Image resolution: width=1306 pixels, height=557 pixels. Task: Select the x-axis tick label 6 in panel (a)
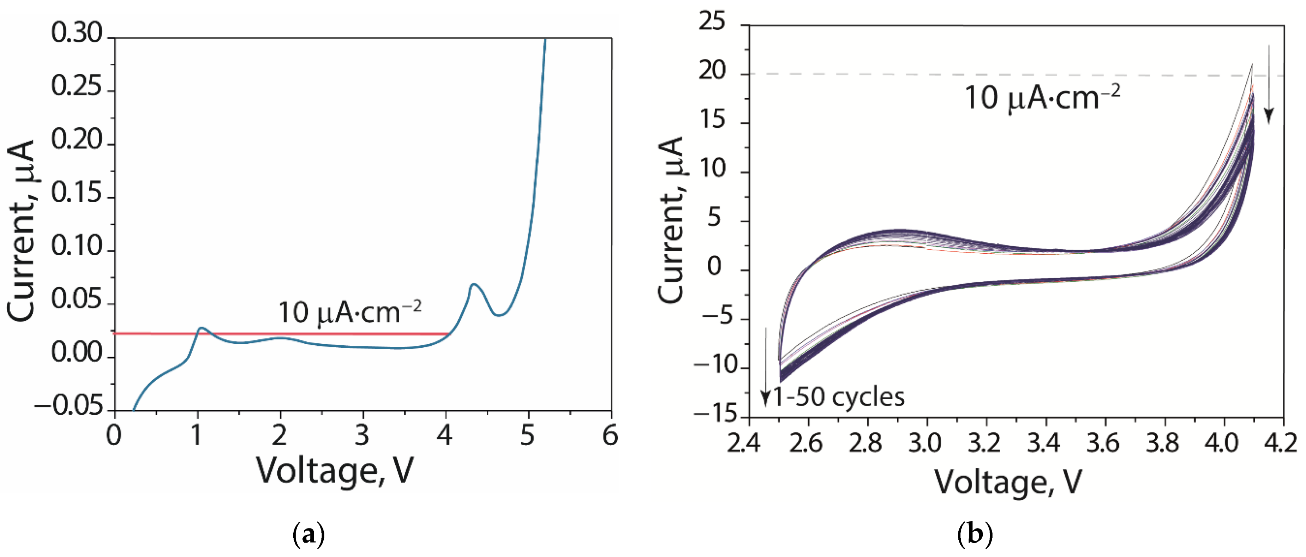point(610,436)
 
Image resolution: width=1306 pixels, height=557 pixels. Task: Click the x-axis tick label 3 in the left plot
point(362,436)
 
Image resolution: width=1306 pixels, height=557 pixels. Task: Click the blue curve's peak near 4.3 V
point(473,285)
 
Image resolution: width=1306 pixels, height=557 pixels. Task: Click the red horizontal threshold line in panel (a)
point(304,333)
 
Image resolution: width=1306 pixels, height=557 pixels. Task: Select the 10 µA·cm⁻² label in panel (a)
point(350,312)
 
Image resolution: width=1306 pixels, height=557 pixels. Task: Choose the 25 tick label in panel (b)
point(712,23)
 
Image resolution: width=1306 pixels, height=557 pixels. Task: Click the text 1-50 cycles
point(838,397)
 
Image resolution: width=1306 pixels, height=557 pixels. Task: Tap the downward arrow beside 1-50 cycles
point(766,368)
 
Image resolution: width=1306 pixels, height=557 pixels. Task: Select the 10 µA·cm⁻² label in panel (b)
point(1042,98)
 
